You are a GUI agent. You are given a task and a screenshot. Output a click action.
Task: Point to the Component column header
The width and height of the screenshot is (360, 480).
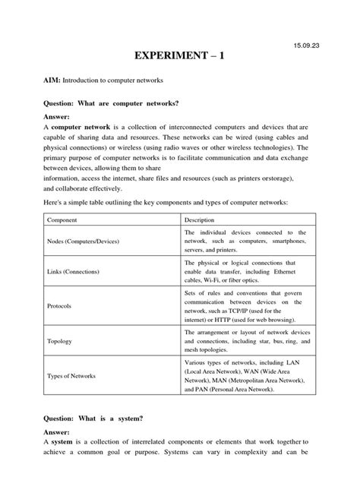pyautogui.click(x=64, y=219)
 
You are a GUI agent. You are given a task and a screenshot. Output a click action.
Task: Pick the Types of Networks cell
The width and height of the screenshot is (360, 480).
pyautogui.click(x=73, y=375)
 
